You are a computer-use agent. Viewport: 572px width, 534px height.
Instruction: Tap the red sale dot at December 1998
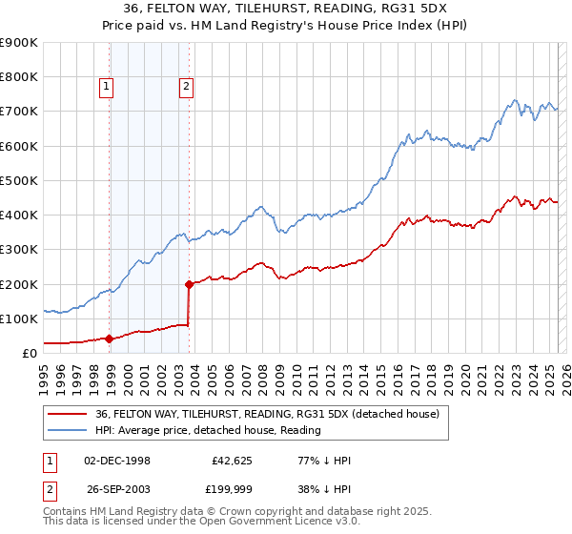(x=109, y=338)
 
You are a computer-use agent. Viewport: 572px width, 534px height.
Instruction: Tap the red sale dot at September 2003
(x=189, y=283)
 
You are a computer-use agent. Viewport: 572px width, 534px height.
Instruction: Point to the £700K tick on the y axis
(x=19, y=112)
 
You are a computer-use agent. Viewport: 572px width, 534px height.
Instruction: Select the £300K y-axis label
(x=19, y=250)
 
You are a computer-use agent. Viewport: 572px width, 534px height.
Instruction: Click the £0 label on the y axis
(x=29, y=353)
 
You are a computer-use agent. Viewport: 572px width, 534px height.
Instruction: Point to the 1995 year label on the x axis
(x=44, y=375)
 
